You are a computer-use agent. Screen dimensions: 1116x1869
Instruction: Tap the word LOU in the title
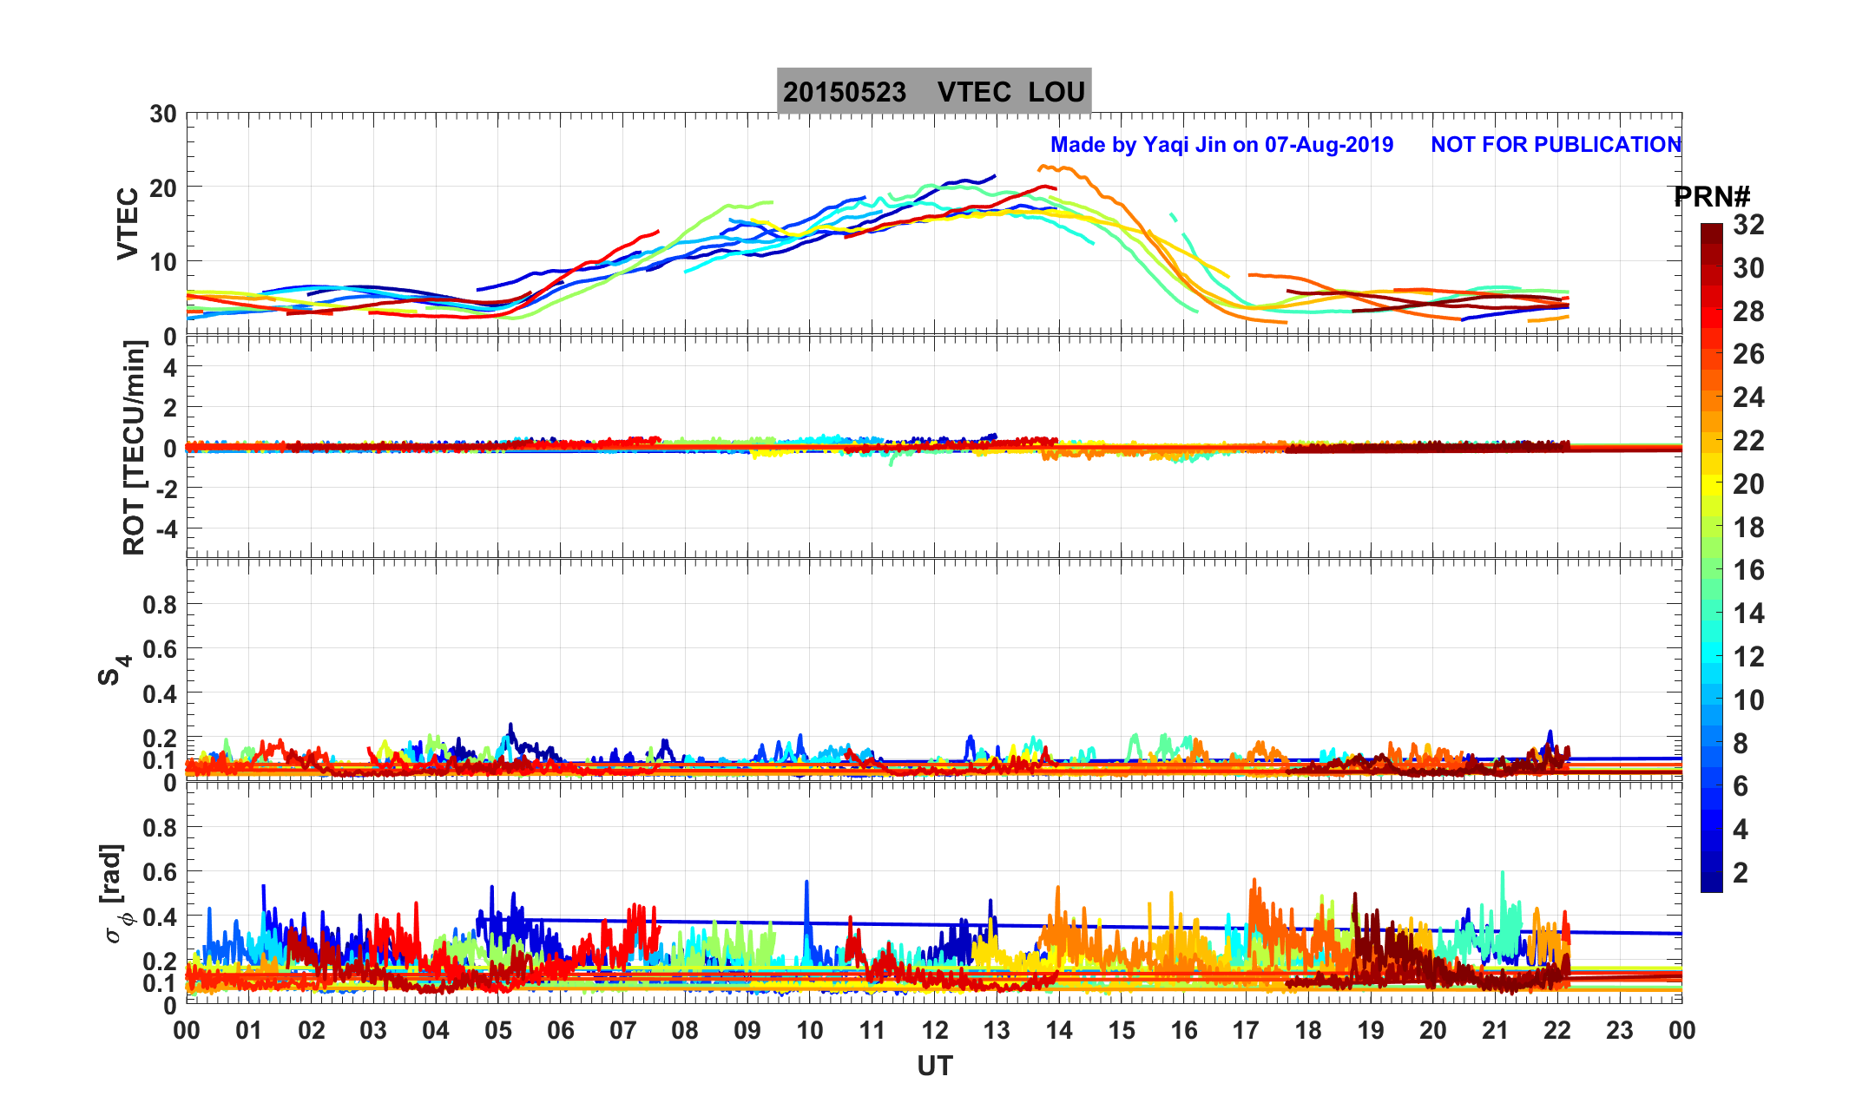click(1056, 92)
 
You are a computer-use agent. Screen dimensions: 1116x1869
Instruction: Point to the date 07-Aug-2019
click(1328, 144)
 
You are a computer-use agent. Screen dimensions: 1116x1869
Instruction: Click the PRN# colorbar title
click(1712, 197)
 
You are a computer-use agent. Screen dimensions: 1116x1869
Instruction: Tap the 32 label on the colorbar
click(1748, 225)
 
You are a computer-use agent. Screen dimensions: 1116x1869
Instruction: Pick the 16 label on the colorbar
click(1748, 570)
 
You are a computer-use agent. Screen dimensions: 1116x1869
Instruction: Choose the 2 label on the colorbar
click(1741, 872)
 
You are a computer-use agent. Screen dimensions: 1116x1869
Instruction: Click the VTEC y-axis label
click(128, 223)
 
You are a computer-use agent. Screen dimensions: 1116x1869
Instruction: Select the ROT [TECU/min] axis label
click(134, 448)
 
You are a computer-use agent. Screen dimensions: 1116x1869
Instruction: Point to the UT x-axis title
click(934, 1066)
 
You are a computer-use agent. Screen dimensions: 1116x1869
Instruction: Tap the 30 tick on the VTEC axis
click(162, 115)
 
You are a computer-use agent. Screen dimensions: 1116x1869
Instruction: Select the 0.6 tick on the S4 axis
click(160, 648)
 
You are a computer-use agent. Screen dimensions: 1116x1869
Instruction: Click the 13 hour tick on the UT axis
click(997, 1030)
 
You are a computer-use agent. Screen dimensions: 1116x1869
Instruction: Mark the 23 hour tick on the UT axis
click(1620, 1030)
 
